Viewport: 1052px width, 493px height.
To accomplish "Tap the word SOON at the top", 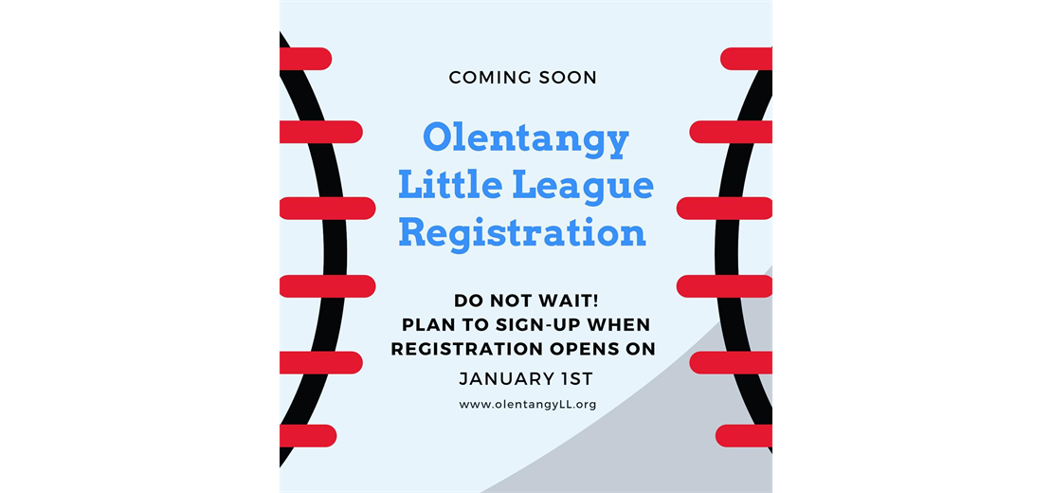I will pyautogui.click(x=564, y=77).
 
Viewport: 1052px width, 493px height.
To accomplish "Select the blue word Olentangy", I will pyautogui.click(x=525, y=139).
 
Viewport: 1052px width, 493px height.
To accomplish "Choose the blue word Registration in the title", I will pyautogui.click(x=522, y=232).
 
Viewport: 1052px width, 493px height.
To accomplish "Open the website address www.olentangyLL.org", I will pyautogui.click(x=527, y=405).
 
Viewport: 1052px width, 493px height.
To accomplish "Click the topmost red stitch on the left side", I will pyautogui.click(x=304, y=59).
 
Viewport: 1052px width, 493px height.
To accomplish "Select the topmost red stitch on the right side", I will pyautogui.click(x=748, y=59).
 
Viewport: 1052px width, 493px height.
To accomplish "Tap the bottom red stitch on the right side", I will pyautogui.click(x=745, y=435).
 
